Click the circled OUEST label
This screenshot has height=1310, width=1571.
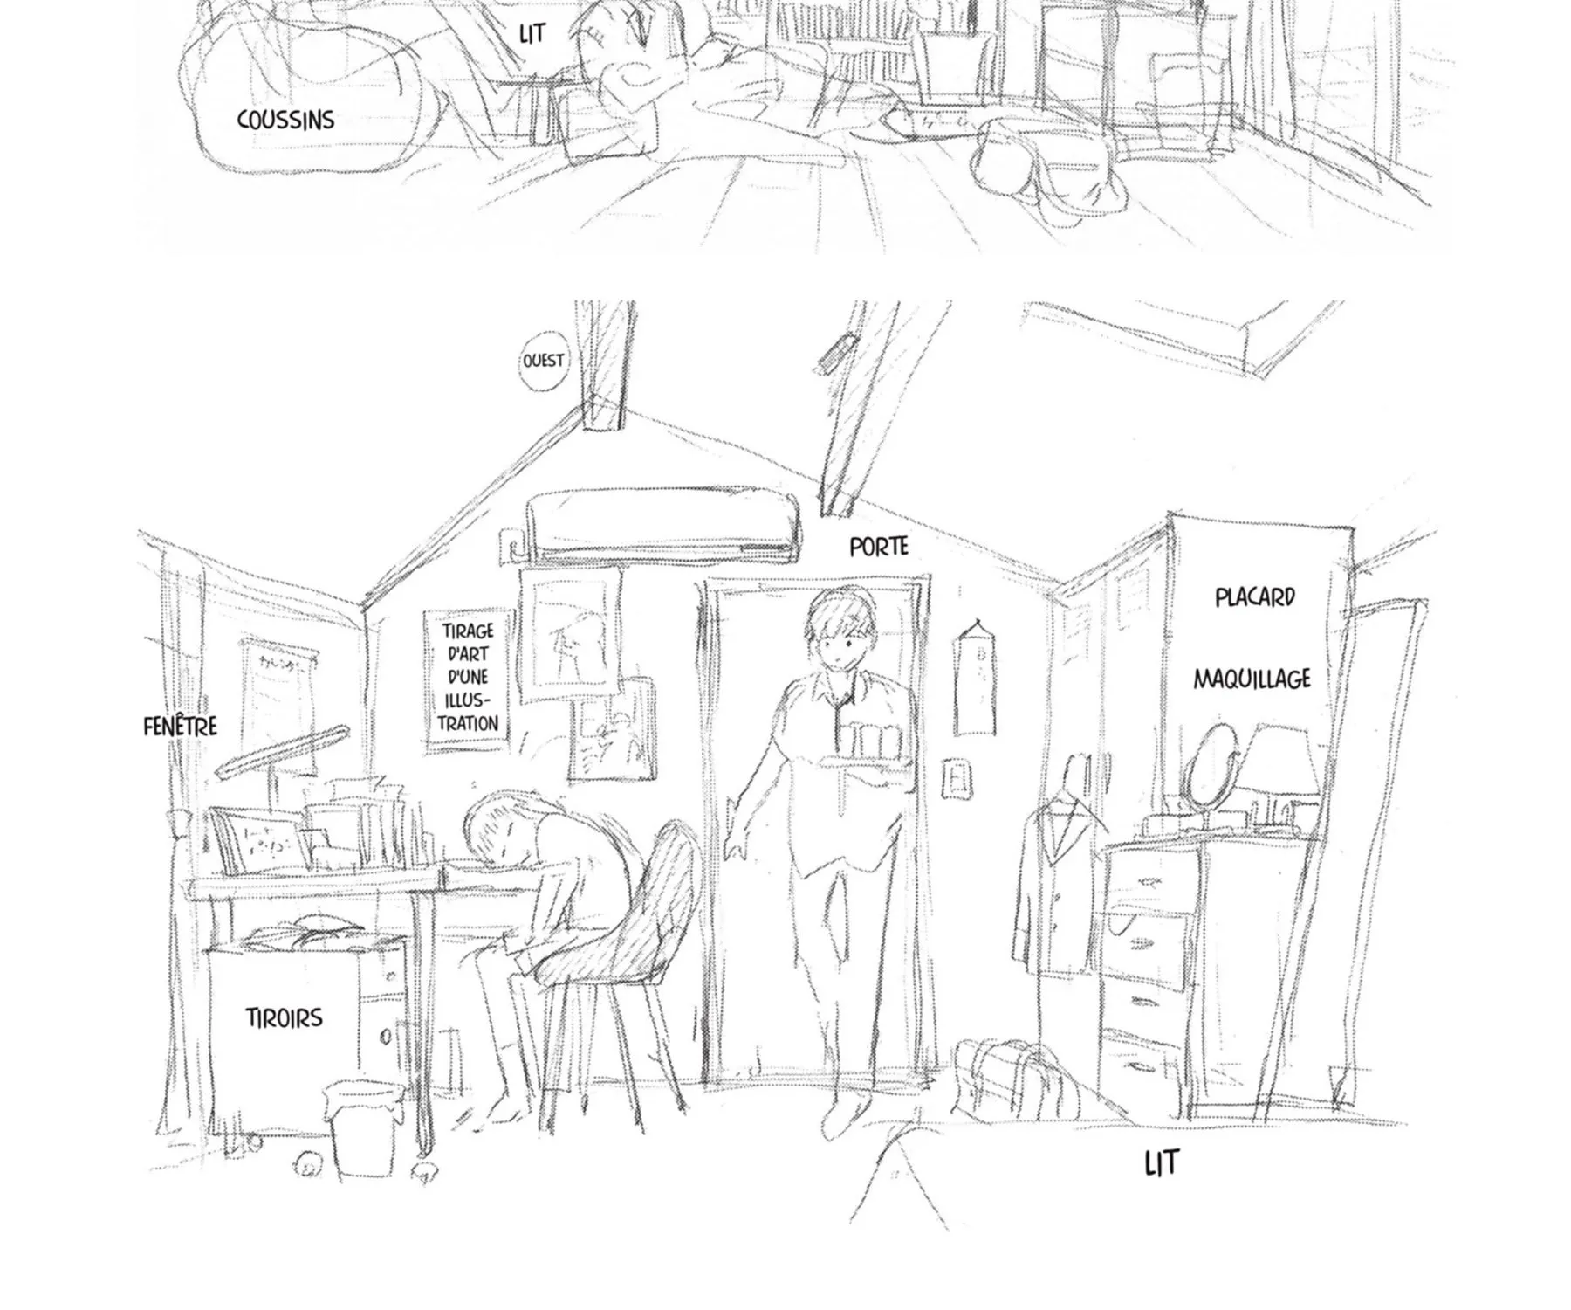(543, 361)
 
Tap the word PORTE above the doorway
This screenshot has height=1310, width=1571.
(879, 547)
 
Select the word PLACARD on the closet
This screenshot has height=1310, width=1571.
(1255, 597)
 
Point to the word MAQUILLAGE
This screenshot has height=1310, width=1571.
(1252, 679)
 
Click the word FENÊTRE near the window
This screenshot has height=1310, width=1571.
(180, 725)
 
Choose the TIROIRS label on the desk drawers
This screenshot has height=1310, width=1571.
(284, 1017)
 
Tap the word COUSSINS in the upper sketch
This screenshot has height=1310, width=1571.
(285, 120)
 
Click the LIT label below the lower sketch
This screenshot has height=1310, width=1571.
(1161, 1163)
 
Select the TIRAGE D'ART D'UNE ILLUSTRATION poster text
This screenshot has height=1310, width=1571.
(469, 677)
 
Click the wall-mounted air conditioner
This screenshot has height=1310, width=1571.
(663, 524)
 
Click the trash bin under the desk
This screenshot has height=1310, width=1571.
(364, 1127)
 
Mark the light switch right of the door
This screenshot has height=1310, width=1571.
(958, 778)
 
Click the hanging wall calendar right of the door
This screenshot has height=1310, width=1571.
(974, 678)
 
